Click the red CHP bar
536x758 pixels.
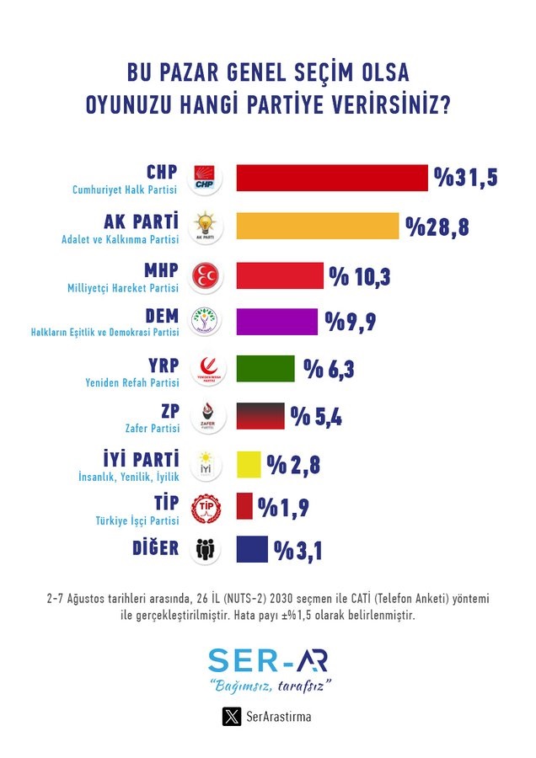click(x=332, y=178)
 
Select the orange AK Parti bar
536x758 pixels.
click(x=317, y=226)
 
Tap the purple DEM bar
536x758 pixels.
click(x=277, y=321)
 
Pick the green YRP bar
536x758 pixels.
click(x=265, y=369)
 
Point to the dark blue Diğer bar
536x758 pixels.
click(x=252, y=550)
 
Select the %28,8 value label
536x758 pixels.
click(x=437, y=227)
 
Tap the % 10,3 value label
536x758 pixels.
click(x=362, y=275)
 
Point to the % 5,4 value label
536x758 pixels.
click(x=317, y=416)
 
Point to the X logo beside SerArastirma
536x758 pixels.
click(x=232, y=717)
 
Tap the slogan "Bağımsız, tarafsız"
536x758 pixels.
click(x=269, y=686)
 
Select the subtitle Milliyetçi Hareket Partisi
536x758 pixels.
click(x=123, y=287)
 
